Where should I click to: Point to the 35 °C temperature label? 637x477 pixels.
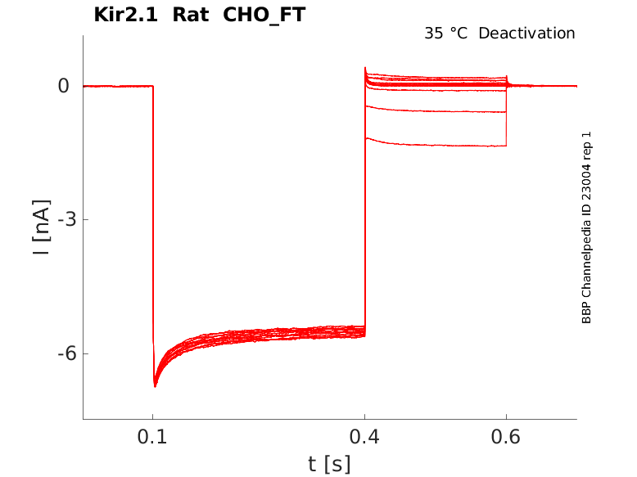pyautogui.click(x=445, y=34)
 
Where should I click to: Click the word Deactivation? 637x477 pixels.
pyautogui.click(x=526, y=34)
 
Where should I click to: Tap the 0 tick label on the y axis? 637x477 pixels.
pyautogui.click(x=63, y=86)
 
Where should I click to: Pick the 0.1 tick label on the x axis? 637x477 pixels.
pyautogui.click(x=152, y=438)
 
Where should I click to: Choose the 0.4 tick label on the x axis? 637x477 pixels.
pyautogui.click(x=364, y=438)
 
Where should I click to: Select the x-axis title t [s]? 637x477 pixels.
pyautogui.click(x=329, y=464)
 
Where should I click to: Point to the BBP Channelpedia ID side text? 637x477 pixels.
pyautogui.click(x=586, y=227)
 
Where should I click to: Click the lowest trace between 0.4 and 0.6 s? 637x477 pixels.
pyautogui.click(x=434, y=145)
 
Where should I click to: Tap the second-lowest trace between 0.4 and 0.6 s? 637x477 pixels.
pyautogui.click(x=434, y=110)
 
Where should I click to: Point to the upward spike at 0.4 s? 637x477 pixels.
pyautogui.click(x=365, y=69)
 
